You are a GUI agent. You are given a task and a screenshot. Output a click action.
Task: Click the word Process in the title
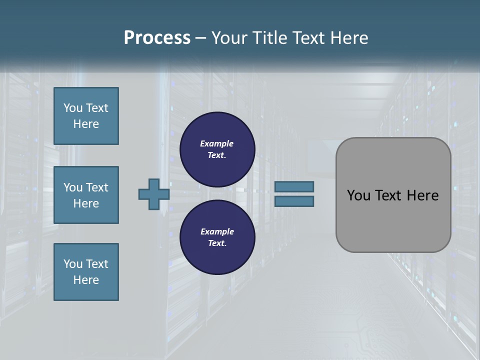(x=157, y=38)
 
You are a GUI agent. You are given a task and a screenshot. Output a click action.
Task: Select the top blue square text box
(x=86, y=116)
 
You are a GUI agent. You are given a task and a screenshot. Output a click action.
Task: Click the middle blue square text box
(x=86, y=195)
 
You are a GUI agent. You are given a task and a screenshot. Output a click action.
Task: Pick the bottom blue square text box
(x=86, y=272)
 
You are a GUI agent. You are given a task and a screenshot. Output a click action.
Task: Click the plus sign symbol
(x=154, y=194)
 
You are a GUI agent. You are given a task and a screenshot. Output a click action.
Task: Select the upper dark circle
(x=217, y=149)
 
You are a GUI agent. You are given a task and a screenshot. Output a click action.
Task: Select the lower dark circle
(x=217, y=237)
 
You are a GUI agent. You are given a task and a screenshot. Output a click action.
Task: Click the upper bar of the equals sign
(x=294, y=187)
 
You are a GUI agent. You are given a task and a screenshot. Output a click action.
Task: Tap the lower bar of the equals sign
(x=294, y=201)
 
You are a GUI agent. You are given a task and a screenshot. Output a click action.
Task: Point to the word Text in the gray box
(x=390, y=195)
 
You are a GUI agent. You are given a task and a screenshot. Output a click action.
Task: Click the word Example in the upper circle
(x=216, y=143)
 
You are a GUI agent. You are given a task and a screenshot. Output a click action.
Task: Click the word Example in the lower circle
(x=217, y=231)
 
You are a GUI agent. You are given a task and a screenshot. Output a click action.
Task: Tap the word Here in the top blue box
(x=86, y=124)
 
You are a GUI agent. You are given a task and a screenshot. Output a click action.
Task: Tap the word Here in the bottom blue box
(x=86, y=280)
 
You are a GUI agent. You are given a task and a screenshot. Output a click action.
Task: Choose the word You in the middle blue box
(x=72, y=187)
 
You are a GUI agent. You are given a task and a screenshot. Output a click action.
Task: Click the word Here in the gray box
(x=422, y=195)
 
